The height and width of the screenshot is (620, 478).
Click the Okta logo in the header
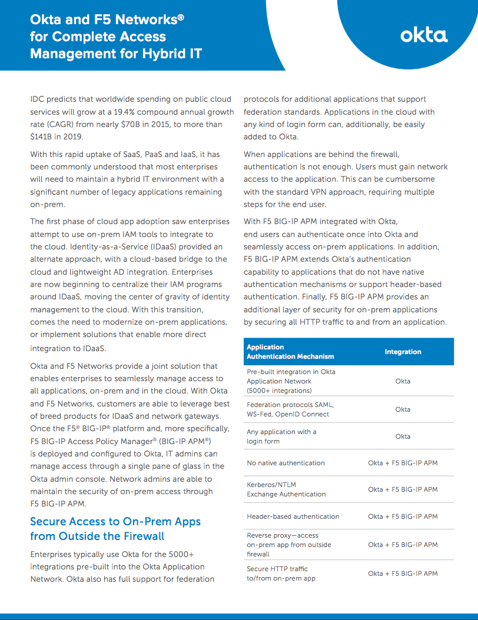tap(424, 35)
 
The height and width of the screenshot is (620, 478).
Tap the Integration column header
tap(403, 352)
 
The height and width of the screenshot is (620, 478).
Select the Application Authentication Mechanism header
tap(290, 352)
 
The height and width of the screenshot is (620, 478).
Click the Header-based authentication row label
tap(293, 516)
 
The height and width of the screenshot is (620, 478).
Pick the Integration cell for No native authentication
tap(403, 463)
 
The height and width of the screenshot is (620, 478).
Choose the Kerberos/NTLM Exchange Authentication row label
tap(286, 489)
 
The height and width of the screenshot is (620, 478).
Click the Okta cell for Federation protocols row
tap(403, 409)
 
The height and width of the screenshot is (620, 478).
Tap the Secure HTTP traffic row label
tap(281, 574)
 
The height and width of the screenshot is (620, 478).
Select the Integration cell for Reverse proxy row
tap(403, 545)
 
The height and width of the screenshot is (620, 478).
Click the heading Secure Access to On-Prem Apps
tap(115, 522)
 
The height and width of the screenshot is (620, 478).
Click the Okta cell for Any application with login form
tap(403, 436)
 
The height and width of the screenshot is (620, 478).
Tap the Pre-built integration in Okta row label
tap(291, 381)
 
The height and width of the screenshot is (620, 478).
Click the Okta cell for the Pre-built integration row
tap(403, 381)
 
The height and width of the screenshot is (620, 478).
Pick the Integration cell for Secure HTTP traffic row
tap(403, 574)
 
